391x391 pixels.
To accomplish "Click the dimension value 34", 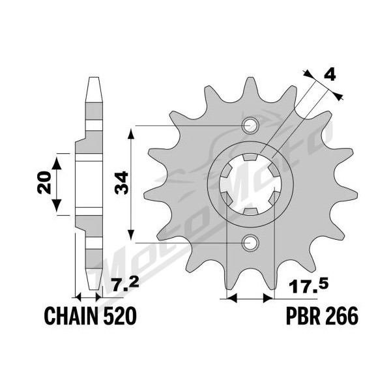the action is click(x=121, y=182).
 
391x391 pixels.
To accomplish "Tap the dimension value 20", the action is click(x=44, y=182).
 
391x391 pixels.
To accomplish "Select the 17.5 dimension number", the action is click(x=309, y=287).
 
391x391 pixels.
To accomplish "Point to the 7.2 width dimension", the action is click(x=125, y=286).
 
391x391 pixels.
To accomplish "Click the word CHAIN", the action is click(x=71, y=315).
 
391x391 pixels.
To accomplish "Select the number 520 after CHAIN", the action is click(x=120, y=315).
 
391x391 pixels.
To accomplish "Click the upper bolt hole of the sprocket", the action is click(x=250, y=125).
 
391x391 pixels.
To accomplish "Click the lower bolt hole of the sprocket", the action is click(x=250, y=242).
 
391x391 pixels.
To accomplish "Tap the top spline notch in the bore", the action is click(x=250, y=157).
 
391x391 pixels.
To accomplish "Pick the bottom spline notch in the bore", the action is click(x=250, y=211).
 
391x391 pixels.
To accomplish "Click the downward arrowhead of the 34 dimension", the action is click(x=131, y=235).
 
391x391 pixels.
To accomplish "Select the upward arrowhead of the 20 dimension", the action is click(x=57, y=162).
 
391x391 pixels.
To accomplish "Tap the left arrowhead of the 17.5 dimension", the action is click(x=231, y=298).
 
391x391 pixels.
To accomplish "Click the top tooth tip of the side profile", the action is click(x=94, y=78).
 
